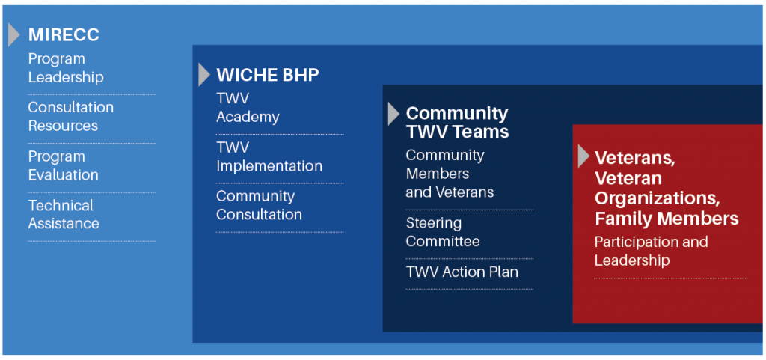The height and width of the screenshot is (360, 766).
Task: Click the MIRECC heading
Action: pos(64,34)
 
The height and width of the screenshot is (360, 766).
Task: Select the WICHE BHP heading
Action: pos(268,75)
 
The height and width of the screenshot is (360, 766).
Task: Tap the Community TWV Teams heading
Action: pos(457,122)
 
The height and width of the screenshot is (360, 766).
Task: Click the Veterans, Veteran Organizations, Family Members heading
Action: pos(667,188)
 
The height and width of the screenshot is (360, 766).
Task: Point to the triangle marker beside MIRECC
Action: pos(13,34)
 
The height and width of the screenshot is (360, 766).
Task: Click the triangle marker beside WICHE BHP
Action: pos(203,75)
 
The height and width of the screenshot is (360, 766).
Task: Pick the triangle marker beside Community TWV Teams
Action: pos(393,114)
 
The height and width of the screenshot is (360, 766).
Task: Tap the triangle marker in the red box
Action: pos(583,156)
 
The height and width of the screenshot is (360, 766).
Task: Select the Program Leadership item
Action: pos(66,68)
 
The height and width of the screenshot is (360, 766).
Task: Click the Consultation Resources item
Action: pos(71,116)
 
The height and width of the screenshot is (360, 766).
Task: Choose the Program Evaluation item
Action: pos(64,165)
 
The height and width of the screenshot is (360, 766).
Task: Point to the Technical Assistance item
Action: pos(64,215)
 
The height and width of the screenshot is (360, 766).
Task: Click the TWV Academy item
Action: pos(248,108)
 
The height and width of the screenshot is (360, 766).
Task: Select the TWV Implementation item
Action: pos(269,156)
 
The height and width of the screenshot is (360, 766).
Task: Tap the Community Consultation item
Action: pos(259,205)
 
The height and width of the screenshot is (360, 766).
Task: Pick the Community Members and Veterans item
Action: pos(450,174)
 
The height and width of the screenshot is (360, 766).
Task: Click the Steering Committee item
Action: pos(443,232)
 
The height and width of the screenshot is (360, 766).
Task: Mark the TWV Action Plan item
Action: pos(462,272)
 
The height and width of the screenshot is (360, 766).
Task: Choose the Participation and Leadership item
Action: pos(652,251)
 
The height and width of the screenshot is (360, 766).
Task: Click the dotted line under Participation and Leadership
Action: pos(671,278)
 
